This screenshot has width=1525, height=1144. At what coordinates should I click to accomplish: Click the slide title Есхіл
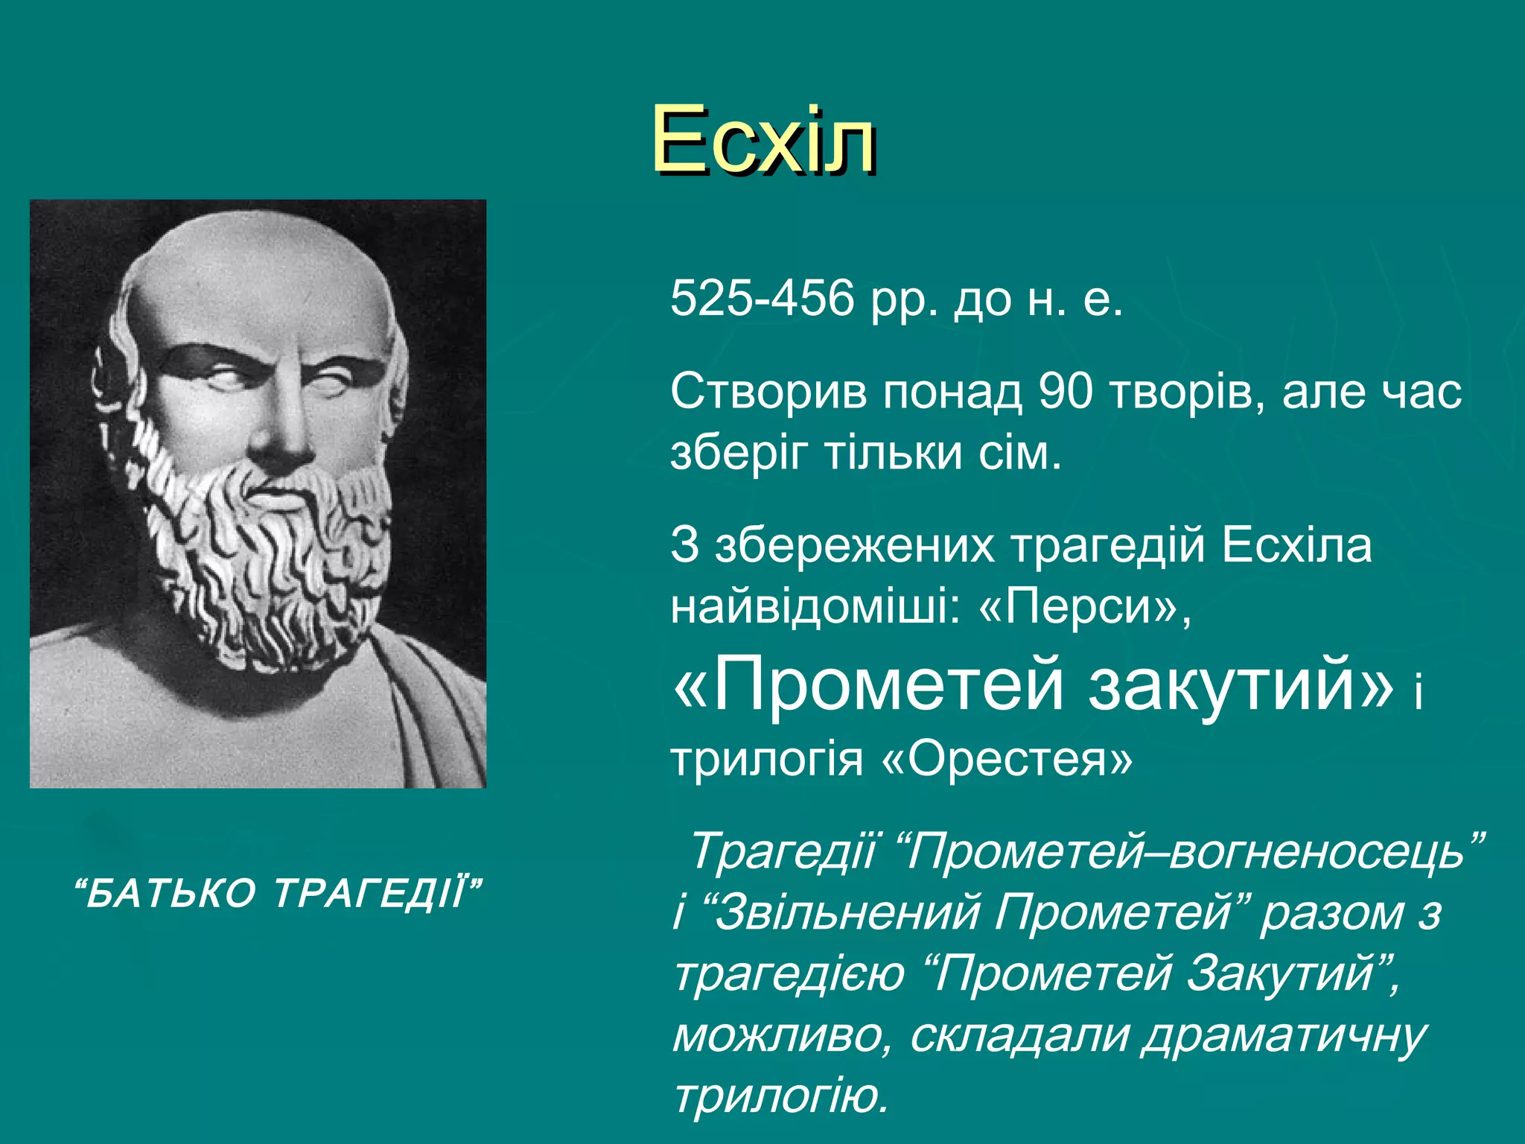coord(763,140)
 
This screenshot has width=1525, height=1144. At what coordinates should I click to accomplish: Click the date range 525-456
coord(761,299)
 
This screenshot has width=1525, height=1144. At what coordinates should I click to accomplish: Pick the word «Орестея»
coord(1007,760)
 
